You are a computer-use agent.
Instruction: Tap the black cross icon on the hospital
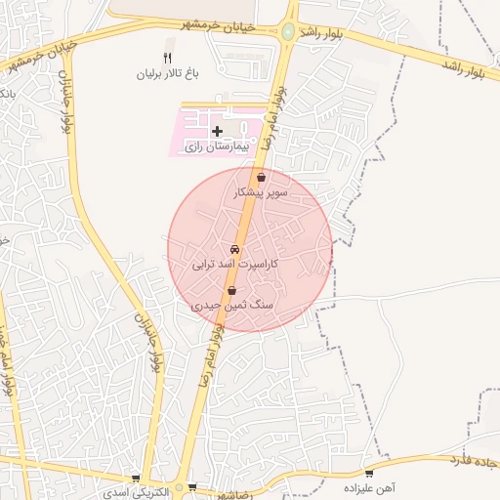(217, 131)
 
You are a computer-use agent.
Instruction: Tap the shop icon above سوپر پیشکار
(261, 179)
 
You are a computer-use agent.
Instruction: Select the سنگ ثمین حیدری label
(231, 306)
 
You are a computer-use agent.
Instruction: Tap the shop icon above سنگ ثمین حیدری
(231, 291)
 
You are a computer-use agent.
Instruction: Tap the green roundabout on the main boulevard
(287, 32)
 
